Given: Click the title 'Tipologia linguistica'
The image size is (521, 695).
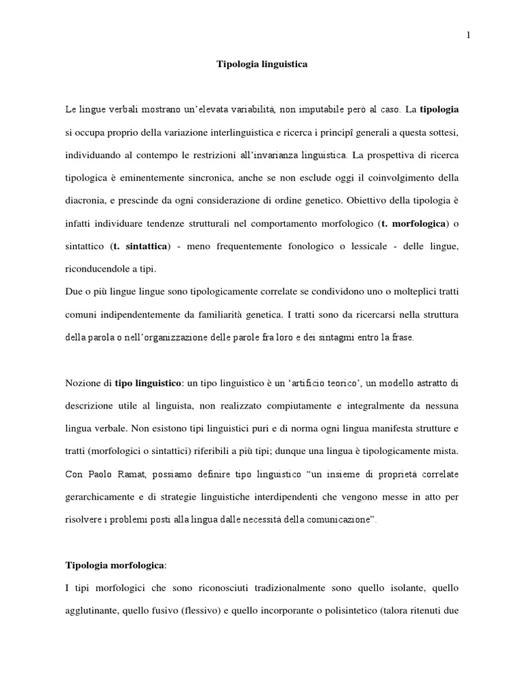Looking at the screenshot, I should [262, 64].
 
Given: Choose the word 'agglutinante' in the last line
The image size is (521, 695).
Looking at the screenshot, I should [91, 610].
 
